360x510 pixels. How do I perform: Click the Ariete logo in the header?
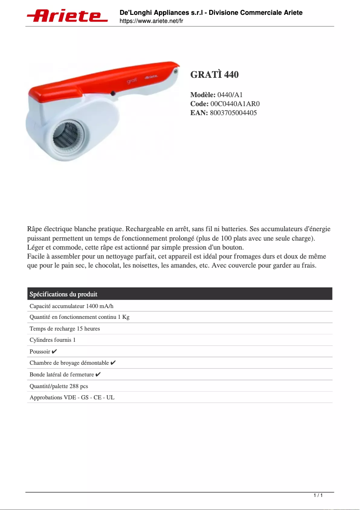(67, 16)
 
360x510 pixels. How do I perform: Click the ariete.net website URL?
(151, 21)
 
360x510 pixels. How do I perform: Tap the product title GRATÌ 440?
(215, 75)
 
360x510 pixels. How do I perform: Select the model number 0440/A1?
(230, 95)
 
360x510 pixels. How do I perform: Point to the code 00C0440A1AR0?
(235, 104)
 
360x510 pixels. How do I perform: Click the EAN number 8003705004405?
(233, 113)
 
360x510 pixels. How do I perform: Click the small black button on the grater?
(113, 94)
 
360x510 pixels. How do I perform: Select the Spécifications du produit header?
(63, 294)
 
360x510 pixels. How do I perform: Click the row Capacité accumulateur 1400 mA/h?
(72, 306)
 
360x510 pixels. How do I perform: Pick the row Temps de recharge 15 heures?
(65, 329)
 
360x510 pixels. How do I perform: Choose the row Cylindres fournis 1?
(53, 340)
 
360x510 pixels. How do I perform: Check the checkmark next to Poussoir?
(54, 351)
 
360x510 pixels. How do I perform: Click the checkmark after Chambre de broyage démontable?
(113, 362)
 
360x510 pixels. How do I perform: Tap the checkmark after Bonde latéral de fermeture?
(98, 374)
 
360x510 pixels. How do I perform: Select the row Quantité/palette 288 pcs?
(59, 386)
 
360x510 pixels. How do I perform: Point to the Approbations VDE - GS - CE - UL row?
(72, 398)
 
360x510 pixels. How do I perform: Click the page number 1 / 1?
(318, 496)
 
